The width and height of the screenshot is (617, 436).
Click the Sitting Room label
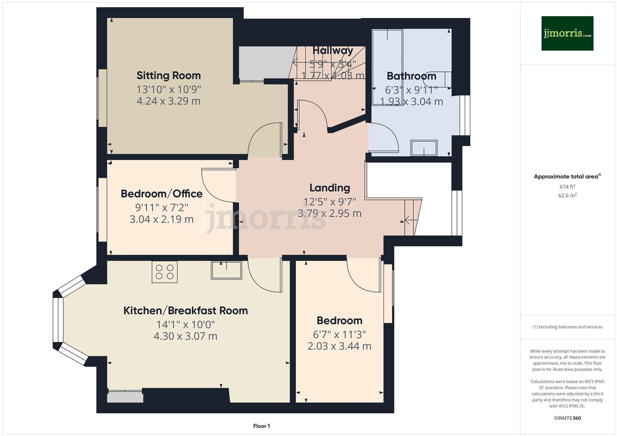(x=168, y=75)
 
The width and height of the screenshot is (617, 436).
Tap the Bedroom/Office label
(x=162, y=194)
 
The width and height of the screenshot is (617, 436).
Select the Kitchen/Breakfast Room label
(x=185, y=310)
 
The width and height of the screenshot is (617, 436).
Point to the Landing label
(x=330, y=188)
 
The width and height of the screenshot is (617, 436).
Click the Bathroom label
(x=411, y=76)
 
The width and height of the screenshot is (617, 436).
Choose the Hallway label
(x=333, y=50)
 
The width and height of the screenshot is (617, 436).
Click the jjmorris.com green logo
(x=567, y=33)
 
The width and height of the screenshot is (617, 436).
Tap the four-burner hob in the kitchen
(x=164, y=272)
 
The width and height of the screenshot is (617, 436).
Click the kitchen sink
(x=226, y=270)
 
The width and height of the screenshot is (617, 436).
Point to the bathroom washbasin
(x=423, y=148)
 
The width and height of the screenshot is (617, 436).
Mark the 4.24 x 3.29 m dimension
(x=168, y=101)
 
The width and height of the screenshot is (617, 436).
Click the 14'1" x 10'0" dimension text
(x=185, y=325)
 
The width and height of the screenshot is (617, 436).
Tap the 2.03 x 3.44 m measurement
(x=339, y=346)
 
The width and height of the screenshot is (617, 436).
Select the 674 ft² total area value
(x=567, y=187)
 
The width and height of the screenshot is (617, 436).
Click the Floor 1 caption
(x=261, y=426)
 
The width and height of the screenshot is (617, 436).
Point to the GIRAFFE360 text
(x=567, y=418)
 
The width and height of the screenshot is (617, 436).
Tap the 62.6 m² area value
(x=567, y=195)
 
